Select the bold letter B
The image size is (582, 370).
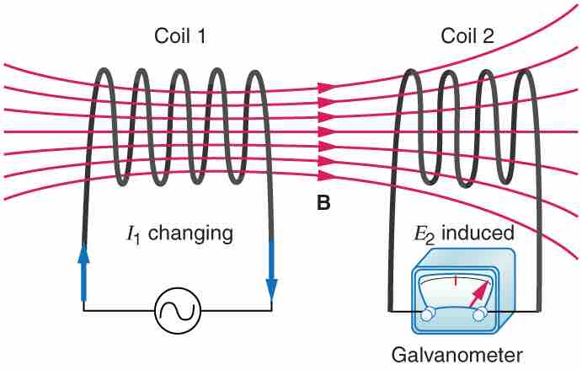[323, 202]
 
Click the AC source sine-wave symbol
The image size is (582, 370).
[178, 311]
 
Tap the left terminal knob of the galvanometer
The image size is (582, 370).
[430, 314]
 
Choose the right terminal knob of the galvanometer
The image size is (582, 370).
[482, 314]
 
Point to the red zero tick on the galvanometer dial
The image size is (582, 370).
[455, 278]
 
